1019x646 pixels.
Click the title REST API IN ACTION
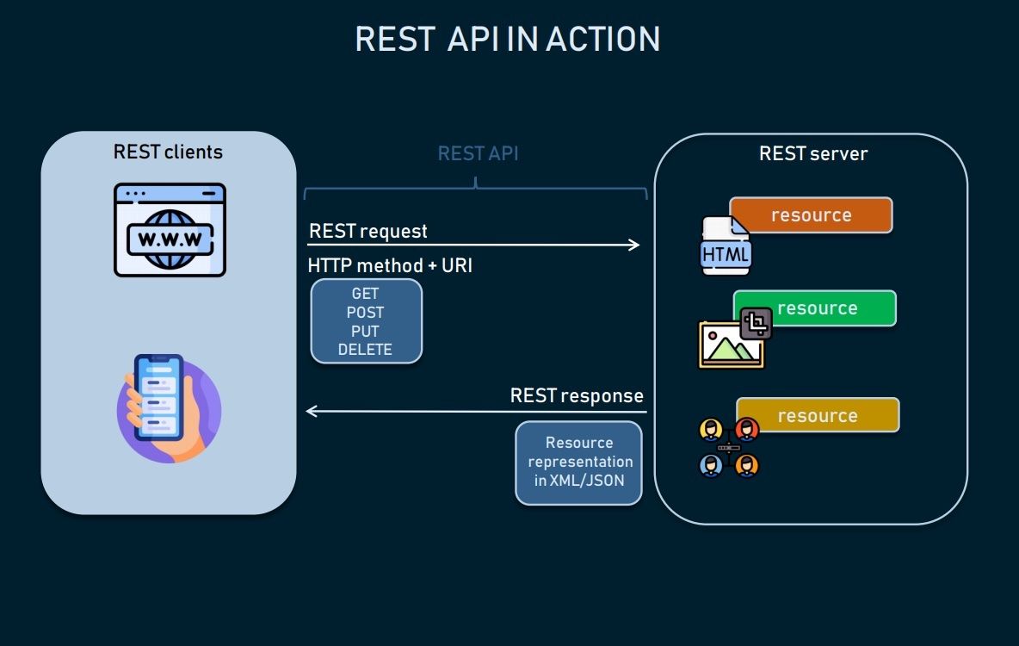click(x=508, y=40)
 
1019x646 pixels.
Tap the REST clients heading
click(x=168, y=152)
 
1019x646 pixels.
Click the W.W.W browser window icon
click(x=170, y=230)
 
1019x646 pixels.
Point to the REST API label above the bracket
click(x=478, y=154)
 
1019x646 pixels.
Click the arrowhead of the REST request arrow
click(x=635, y=245)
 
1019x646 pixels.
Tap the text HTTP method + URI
click(x=390, y=266)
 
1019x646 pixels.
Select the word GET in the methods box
click(x=365, y=294)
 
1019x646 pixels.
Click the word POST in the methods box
click(x=365, y=313)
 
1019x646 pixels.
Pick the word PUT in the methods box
click(x=365, y=331)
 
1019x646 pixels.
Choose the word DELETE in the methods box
click(x=365, y=350)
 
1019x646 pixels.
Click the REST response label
click(x=577, y=396)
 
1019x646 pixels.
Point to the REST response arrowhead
click(x=312, y=412)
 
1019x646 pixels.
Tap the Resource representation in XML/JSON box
click(x=578, y=463)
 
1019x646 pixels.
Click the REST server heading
click(x=812, y=154)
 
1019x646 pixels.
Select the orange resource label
click(x=811, y=215)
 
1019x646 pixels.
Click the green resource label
click(x=816, y=308)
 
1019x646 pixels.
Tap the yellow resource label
click(x=818, y=416)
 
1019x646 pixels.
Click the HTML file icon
click(x=726, y=248)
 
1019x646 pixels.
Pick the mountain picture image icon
click(x=730, y=345)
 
